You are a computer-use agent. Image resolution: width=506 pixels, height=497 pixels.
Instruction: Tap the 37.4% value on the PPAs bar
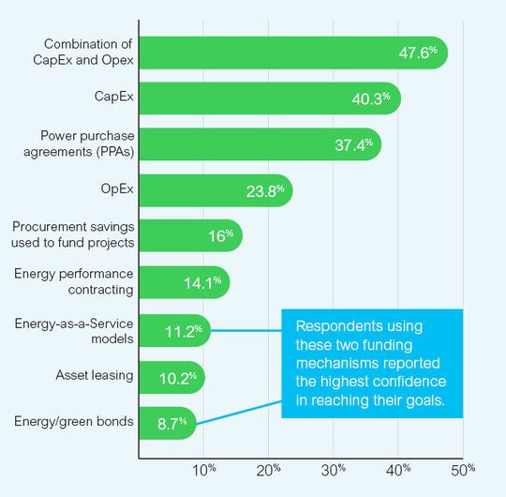click(x=356, y=144)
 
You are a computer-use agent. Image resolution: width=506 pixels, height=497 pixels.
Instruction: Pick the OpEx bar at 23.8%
click(x=216, y=190)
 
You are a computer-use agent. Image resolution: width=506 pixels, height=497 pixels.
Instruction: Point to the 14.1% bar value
click(x=203, y=282)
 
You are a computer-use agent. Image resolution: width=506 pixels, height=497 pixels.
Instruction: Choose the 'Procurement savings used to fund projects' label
click(x=74, y=235)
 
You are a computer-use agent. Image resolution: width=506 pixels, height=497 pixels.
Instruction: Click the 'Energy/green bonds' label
click(x=76, y=421)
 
